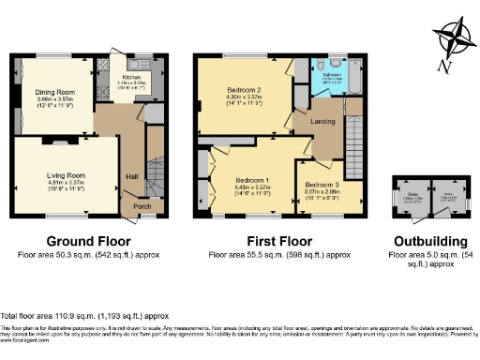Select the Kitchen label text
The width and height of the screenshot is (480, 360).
tap(132, 78)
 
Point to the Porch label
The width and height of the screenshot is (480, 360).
tap(142, 206)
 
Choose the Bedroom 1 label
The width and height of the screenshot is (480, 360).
tap(252, 179)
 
